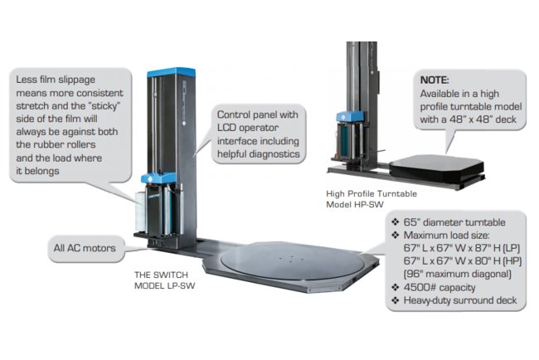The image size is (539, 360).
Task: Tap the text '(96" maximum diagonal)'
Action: click(452, 273)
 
